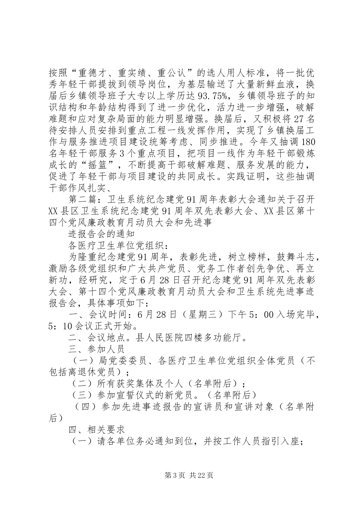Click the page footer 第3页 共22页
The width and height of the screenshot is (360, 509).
pyautogui.click(x=180, y=475)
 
